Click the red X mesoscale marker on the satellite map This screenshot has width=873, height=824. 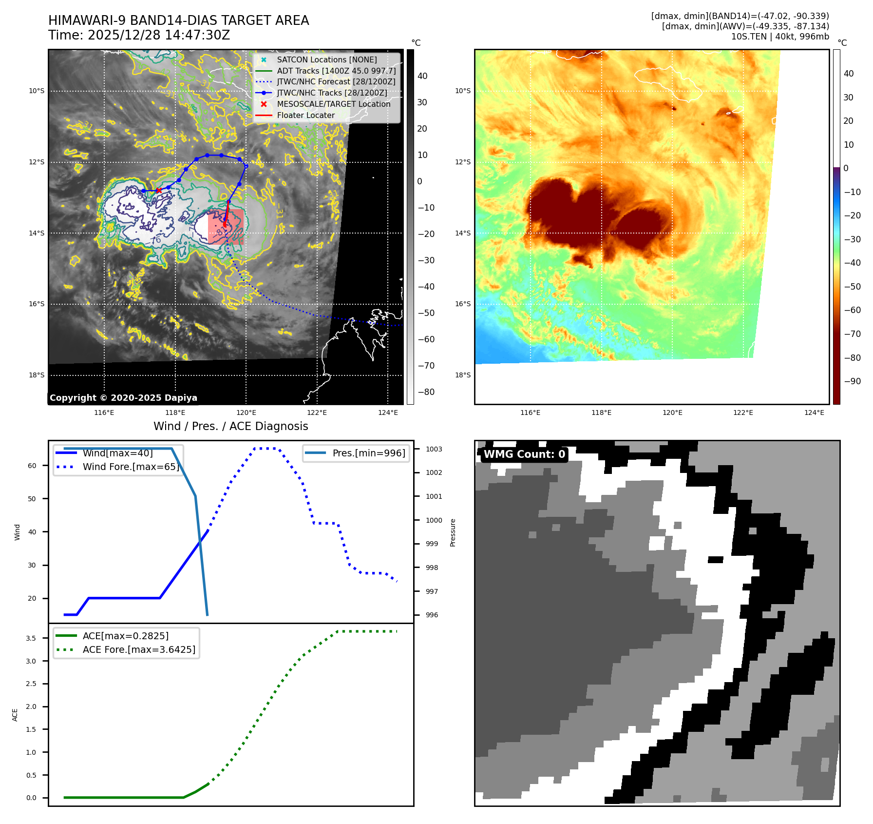158,191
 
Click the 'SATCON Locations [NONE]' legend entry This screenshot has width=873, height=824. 326,59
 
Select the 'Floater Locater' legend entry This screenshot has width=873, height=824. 305,116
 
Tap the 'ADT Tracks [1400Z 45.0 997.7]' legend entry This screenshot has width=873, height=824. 336,71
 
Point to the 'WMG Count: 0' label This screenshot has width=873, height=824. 524,454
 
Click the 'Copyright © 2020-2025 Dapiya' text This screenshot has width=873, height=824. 123,398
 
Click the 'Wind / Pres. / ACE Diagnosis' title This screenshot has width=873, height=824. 230,426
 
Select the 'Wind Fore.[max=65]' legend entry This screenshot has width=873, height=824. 131,467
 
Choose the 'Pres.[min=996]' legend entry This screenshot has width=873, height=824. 368,453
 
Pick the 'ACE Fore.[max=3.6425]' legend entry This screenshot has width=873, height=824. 139,649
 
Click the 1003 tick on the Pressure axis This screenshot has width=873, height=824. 434,449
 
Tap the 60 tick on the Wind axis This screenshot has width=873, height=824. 32,466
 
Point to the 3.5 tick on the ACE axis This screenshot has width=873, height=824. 31,638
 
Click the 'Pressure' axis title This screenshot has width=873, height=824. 453,532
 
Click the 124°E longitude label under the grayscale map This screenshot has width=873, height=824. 388,412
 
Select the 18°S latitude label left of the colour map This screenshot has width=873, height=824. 463,375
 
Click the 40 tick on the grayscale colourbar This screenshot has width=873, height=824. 422,76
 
